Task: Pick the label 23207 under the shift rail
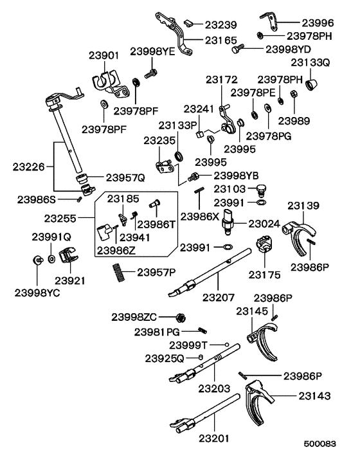219,297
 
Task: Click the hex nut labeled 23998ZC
181,317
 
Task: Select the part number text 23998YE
153,51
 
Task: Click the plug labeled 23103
261,190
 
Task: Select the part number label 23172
222,80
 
